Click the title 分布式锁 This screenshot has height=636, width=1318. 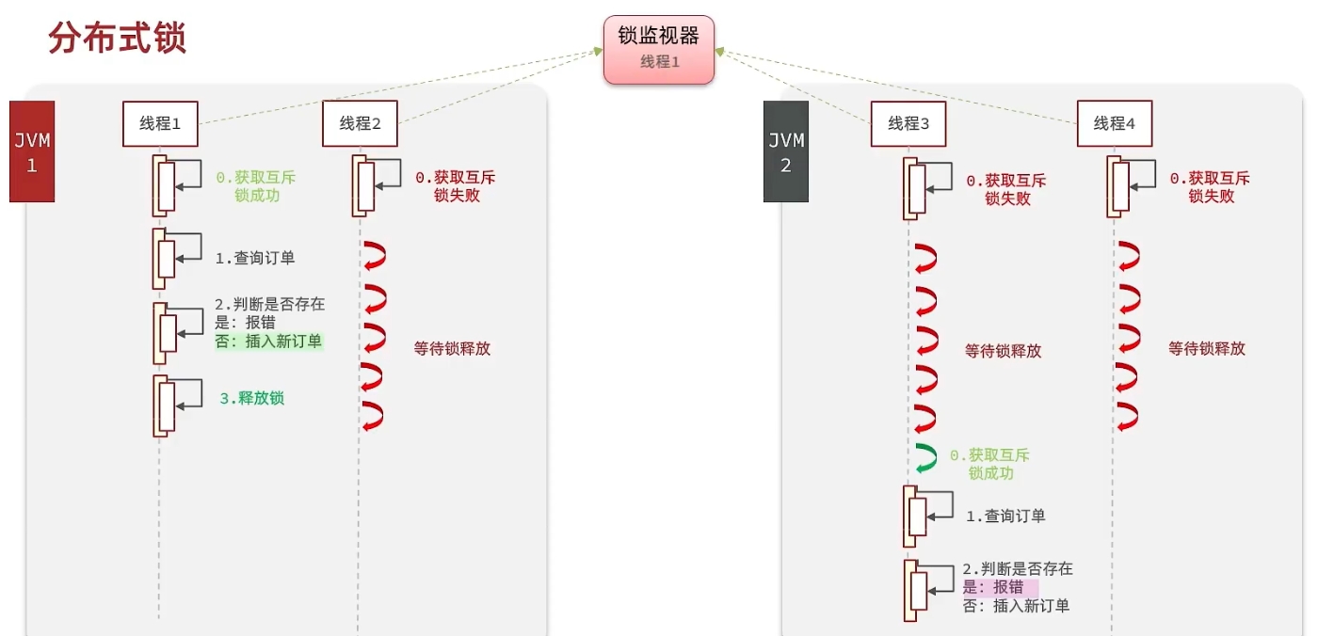coord(117,39)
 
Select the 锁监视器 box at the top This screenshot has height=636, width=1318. coord(659,49)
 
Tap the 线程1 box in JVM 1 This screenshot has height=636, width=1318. coord(160,123)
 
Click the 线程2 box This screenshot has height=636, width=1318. coord(360,123)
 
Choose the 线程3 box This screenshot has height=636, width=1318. coord(909,123)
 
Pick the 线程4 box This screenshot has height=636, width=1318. coord(1115,123)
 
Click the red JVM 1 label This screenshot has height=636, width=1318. coord(32,151)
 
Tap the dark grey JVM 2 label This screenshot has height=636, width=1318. coord(786,151)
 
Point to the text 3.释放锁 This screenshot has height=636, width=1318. coord(251,398)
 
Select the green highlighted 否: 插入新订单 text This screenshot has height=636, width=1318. coord(268,342)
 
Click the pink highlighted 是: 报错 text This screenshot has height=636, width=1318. coord(1000,587)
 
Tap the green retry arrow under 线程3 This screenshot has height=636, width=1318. coord(926,458)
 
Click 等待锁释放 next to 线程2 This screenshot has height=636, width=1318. coord(452,348)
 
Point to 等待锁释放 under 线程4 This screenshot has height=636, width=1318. coord(1207,348)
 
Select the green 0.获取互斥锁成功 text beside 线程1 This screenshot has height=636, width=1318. coord(256,186)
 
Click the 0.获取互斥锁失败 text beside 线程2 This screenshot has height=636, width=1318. coord(456,186)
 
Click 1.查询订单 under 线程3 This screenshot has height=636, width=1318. coord(1005,516)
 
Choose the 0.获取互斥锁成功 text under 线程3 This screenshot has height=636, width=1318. coord(990,464)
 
